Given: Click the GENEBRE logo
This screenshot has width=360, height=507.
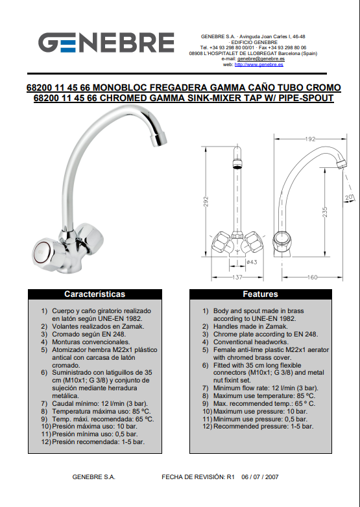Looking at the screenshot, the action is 106,42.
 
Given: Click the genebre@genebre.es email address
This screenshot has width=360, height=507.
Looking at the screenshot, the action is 261,59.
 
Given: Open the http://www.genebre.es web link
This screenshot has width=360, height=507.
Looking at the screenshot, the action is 259,64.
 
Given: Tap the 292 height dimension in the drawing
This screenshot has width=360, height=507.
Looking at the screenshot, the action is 206,202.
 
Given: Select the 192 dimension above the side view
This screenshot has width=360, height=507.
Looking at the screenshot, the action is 310,139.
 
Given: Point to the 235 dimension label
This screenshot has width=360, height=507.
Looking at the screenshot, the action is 325,212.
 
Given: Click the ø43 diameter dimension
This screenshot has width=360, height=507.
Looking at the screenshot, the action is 252,262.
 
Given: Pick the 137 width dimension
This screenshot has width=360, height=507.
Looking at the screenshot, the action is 237,277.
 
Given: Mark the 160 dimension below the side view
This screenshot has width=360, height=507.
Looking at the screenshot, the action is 312,277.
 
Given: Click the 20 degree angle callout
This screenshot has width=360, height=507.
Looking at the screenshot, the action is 349,198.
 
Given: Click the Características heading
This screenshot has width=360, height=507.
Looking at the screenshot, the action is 95,294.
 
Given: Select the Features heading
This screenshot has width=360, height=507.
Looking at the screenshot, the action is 260,294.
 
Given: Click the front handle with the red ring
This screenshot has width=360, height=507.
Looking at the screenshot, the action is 42,252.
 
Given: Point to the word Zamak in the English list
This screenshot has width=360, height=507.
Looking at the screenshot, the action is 278,327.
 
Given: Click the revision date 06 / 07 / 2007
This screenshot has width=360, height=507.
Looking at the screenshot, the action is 259,477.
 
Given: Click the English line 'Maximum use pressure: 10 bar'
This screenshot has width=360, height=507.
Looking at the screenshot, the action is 260,411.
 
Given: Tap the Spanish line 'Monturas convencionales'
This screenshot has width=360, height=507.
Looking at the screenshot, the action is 91,342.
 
